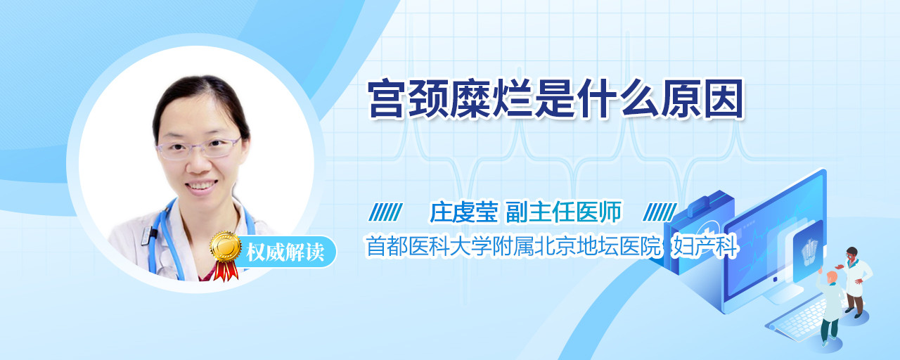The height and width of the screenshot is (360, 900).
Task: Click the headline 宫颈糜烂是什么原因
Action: click(x=555, y=99)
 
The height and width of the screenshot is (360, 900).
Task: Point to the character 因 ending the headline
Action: click(x=724, y=99)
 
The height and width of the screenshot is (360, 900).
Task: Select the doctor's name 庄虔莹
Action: click(x=463, y=212)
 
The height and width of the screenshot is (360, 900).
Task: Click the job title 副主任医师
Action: click(x=563, y=212)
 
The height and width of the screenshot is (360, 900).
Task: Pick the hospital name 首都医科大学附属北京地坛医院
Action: click(x=513, y=246)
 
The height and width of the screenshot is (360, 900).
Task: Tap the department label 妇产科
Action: click(x=705, y=246)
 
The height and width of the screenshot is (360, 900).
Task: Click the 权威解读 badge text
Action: click(x=285, y=252)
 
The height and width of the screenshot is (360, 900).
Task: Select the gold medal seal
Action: click(x=226, y=246)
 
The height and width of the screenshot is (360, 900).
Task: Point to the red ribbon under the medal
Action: click(x=226, y=271)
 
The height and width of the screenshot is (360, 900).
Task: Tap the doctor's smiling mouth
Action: click(x=201, y=186)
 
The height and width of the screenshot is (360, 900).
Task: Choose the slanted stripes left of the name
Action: click(x=386, y=212)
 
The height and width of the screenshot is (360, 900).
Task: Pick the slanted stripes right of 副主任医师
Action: click(x=660, y=212)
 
